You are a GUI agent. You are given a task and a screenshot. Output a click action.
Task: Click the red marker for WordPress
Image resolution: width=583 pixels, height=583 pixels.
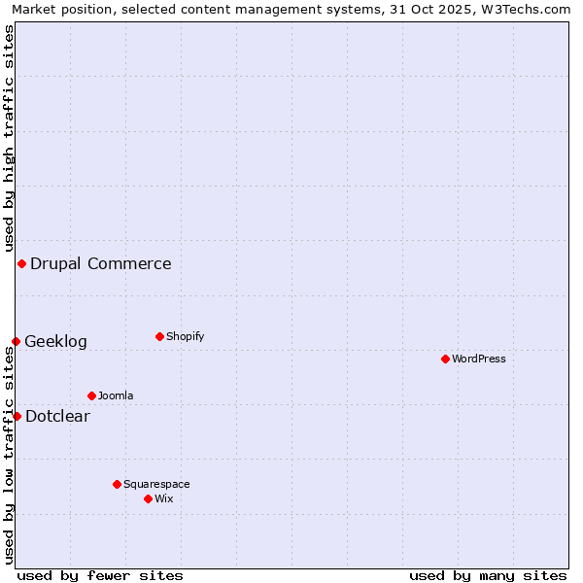click(445, 359)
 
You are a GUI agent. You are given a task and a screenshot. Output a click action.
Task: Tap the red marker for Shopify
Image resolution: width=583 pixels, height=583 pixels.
click(159, 336)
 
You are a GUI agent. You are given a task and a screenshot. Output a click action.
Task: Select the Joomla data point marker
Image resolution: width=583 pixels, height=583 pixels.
click(91, 395)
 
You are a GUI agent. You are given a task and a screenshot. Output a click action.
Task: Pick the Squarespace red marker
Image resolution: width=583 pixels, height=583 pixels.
click(117, 484)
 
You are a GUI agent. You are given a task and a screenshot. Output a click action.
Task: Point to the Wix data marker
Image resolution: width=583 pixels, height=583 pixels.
click(148, 498)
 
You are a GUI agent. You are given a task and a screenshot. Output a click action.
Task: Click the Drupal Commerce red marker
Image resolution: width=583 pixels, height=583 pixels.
click(21, 263)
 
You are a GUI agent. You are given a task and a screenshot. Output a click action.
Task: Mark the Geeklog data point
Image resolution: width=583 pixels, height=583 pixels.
click(16, 341)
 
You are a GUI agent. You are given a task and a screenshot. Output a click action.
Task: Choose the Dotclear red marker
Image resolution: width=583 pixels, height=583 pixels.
click(17, 416)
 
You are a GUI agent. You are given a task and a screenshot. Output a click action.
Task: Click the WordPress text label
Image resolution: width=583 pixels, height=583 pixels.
click(479, 359)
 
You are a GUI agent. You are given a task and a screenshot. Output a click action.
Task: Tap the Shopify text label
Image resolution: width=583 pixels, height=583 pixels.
click(186, 336)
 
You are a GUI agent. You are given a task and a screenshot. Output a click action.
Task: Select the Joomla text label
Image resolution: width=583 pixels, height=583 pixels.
click(116, 395)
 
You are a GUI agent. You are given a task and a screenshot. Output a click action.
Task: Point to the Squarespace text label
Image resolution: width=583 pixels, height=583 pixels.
click(156, 484)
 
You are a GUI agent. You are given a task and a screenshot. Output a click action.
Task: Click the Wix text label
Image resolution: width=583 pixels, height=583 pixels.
click(164, 498)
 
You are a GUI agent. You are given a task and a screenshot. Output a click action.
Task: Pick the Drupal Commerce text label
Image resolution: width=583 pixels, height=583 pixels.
click(101, 263)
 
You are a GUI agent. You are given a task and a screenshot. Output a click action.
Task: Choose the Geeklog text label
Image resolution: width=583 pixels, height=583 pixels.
click(55, 341)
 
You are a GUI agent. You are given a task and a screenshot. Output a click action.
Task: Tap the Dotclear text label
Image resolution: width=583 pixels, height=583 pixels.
click(57, 416)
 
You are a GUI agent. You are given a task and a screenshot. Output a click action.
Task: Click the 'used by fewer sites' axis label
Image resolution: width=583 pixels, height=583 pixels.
click(100, 575)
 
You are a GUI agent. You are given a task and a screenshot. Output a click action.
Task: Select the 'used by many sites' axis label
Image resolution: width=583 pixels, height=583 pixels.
click(488, 575)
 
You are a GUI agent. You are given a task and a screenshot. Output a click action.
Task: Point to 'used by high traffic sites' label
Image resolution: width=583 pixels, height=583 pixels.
click(9, 136)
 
